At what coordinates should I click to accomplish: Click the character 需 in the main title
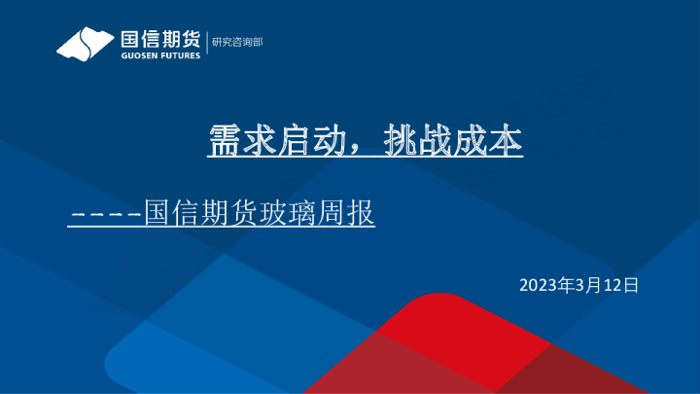coord(227,142)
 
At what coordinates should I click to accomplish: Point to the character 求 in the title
coord(264,142)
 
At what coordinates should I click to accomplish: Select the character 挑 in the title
coord(411,142)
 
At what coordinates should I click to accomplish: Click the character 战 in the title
coord(448,142)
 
